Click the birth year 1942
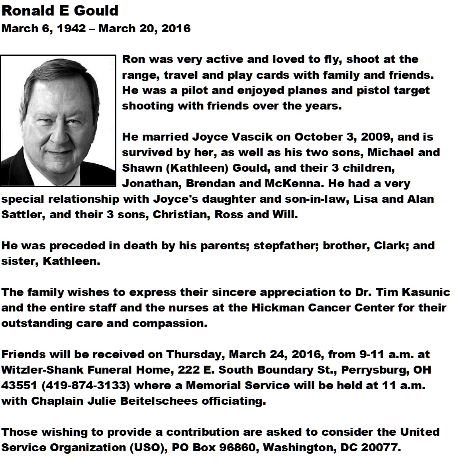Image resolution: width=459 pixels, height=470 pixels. click(x=72, y=29)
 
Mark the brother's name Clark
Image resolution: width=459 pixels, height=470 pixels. click(x=389, y=246)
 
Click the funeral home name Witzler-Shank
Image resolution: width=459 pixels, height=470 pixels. click(x=35, y=370)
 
